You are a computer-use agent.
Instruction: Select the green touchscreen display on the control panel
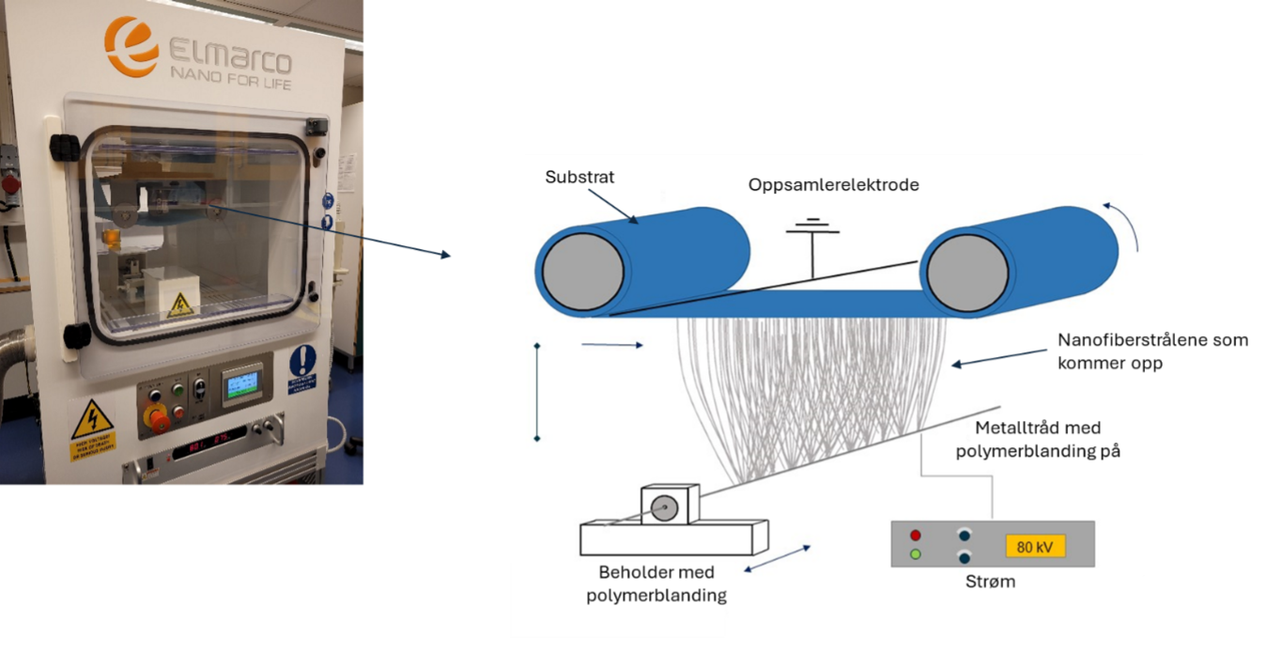[242, 383]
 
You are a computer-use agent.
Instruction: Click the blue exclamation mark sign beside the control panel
[302, 361]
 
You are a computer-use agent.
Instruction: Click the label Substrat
[579, 177]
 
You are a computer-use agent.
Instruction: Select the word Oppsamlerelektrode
[833, 185]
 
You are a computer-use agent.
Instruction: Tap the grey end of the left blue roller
[582, 269]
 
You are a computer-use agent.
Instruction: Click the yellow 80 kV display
[1035, 547]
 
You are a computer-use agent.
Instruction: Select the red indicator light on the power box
[916, 536]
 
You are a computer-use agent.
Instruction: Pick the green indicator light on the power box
[916, 554]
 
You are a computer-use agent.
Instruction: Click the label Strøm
[990, 582]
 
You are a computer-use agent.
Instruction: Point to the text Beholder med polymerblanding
[656, 584]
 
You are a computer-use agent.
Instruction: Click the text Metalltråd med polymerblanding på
[1038, 440]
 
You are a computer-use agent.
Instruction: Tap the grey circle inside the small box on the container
[665, 508]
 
